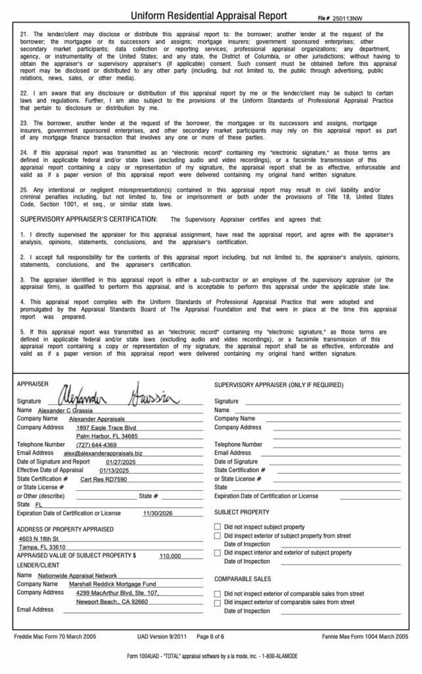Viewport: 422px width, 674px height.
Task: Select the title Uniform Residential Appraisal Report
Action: coord(209,16)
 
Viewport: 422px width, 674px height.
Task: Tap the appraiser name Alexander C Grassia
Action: coord(65,410)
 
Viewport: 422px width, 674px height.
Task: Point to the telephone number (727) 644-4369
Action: coord(97,445)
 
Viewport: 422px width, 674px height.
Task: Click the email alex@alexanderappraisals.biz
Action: coord(103,454)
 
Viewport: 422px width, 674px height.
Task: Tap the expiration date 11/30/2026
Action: coord(157,513)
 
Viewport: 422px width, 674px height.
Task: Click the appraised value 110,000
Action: coord(170,556)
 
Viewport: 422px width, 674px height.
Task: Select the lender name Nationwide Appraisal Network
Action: coord(78,575)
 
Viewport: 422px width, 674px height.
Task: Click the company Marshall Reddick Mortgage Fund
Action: coord(112,584)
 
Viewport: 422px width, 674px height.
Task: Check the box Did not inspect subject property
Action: coord(218,527)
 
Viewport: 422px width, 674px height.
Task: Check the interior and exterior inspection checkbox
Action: coord(218,553)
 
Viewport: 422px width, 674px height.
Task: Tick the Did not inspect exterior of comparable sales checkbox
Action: coord(218,594)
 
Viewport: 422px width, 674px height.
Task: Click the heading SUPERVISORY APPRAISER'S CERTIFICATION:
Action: coord(89,219)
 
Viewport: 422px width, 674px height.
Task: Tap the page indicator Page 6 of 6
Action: coord(210,637)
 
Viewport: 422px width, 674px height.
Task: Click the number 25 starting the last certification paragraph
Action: coord(24,190)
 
